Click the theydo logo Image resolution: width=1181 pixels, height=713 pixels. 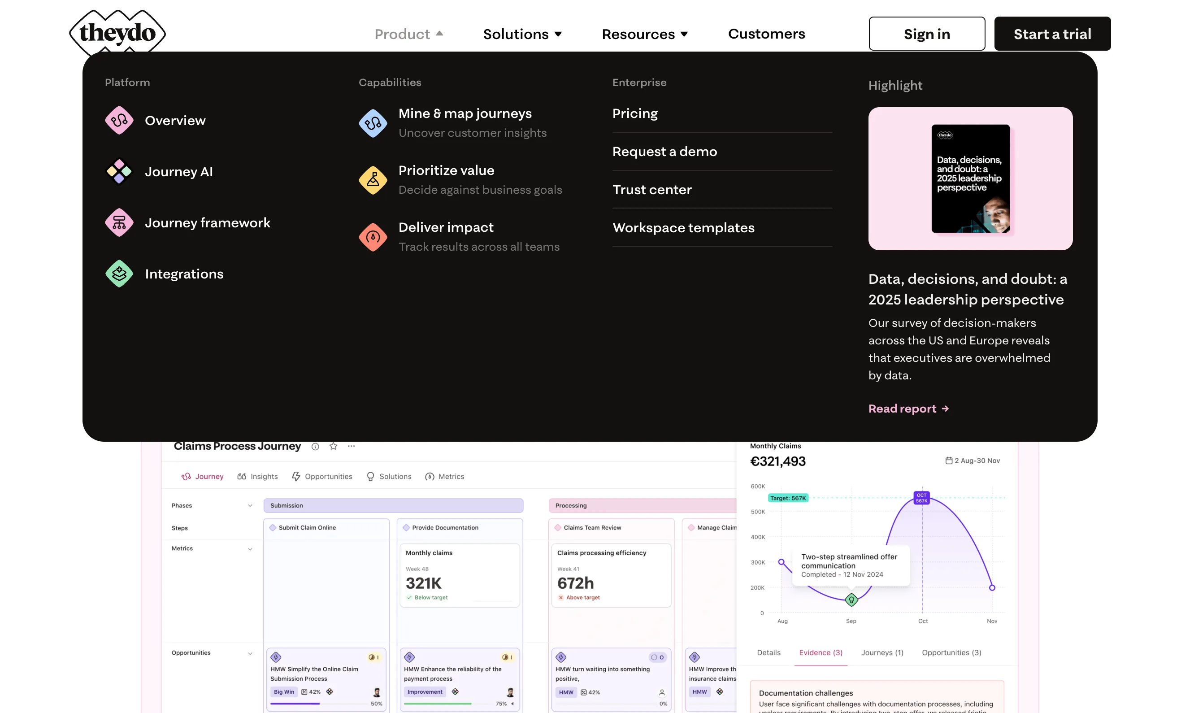117,33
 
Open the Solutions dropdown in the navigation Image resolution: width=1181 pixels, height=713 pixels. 522,34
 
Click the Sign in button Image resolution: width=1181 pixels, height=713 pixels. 926,34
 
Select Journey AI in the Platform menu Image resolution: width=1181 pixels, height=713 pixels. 178,172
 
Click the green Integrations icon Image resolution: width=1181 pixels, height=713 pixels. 119,274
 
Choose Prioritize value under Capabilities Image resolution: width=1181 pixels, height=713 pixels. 446,171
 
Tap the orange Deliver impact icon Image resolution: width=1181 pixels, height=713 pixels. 373,237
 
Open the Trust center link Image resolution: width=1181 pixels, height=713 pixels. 652,190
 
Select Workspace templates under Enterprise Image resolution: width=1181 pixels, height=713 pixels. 683,228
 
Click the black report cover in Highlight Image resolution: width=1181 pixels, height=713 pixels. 970,178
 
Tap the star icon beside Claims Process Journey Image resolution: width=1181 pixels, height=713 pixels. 334,446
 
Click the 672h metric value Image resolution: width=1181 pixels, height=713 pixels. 575,583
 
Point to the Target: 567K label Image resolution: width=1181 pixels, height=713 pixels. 787,498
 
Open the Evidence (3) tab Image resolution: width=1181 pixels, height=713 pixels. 821,652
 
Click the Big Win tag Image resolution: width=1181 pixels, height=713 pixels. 284,692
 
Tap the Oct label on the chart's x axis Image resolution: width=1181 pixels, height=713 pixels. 923,622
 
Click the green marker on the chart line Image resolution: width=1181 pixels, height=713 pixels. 851,600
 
